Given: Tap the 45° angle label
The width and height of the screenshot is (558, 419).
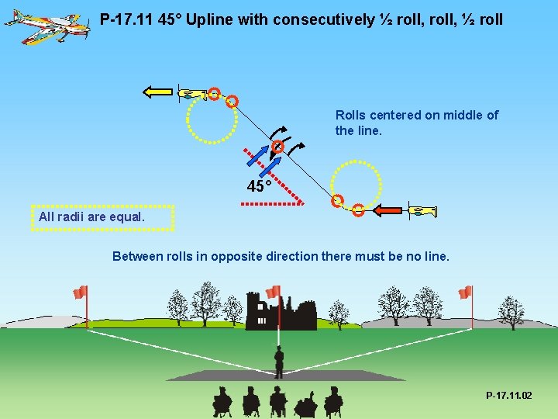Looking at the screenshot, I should click(259, 187).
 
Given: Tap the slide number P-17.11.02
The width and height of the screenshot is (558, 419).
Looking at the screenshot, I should click(508, 396).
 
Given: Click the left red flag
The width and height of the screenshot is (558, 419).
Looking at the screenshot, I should click(80, 293).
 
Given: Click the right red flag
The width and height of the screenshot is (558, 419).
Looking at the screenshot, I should click(465, 293).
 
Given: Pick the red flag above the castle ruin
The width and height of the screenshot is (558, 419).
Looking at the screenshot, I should click(273, 293).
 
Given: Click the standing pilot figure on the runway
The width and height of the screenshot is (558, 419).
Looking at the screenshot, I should click(279, 362).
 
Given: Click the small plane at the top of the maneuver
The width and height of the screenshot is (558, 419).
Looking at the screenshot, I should click(190, 94).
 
